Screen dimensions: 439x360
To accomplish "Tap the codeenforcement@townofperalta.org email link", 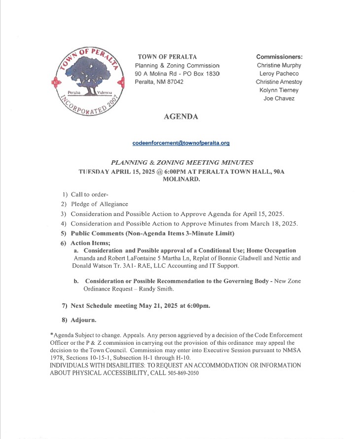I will pyautogui.click(x=181, y=143).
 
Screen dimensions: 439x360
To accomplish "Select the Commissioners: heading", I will pyautogui.click(x=279, y=57).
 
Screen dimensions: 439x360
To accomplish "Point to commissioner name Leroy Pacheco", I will pyautogui.click(x=279, y=73).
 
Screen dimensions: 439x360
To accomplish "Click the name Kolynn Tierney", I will pyautogui.click(x=279, y=90).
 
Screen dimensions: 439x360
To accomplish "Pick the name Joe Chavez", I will pyautogui.click(x=279, y=99).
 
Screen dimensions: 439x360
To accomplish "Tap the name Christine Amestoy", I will pyautogui.click(x=279, y=82).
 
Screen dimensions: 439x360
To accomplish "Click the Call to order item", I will pyautogui.click(x=89, y=195).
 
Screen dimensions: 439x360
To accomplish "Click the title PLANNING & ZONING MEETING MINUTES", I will pyautogui.click(x=182, y=162).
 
